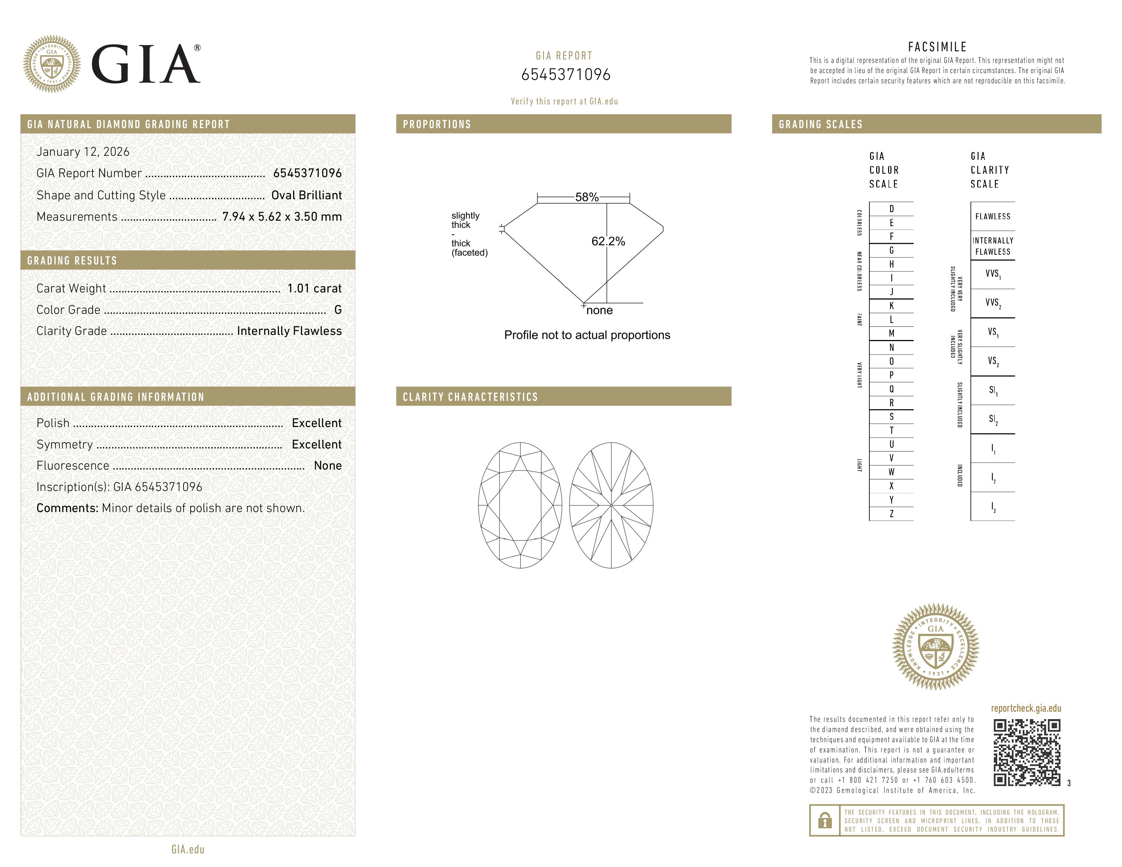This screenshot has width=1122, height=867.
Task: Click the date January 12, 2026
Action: point(83,152)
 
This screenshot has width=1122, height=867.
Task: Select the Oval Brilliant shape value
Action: point(306,195)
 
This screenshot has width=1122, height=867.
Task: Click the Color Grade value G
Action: point(338,310)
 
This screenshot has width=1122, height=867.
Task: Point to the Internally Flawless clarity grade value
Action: point(289,331)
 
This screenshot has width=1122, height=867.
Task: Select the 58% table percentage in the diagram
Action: point(587,197)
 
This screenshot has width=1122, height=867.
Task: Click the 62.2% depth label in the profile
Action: point(608,241)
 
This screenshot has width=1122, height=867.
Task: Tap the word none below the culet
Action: point(599,310)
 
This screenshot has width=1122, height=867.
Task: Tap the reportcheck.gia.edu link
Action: point(1026,708)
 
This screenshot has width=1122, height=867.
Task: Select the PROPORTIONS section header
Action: point(437,124)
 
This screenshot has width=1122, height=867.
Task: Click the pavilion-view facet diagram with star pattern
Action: point(611,505)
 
